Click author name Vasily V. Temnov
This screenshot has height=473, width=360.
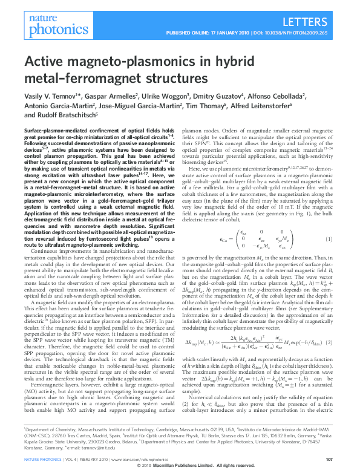click(47, 97)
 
